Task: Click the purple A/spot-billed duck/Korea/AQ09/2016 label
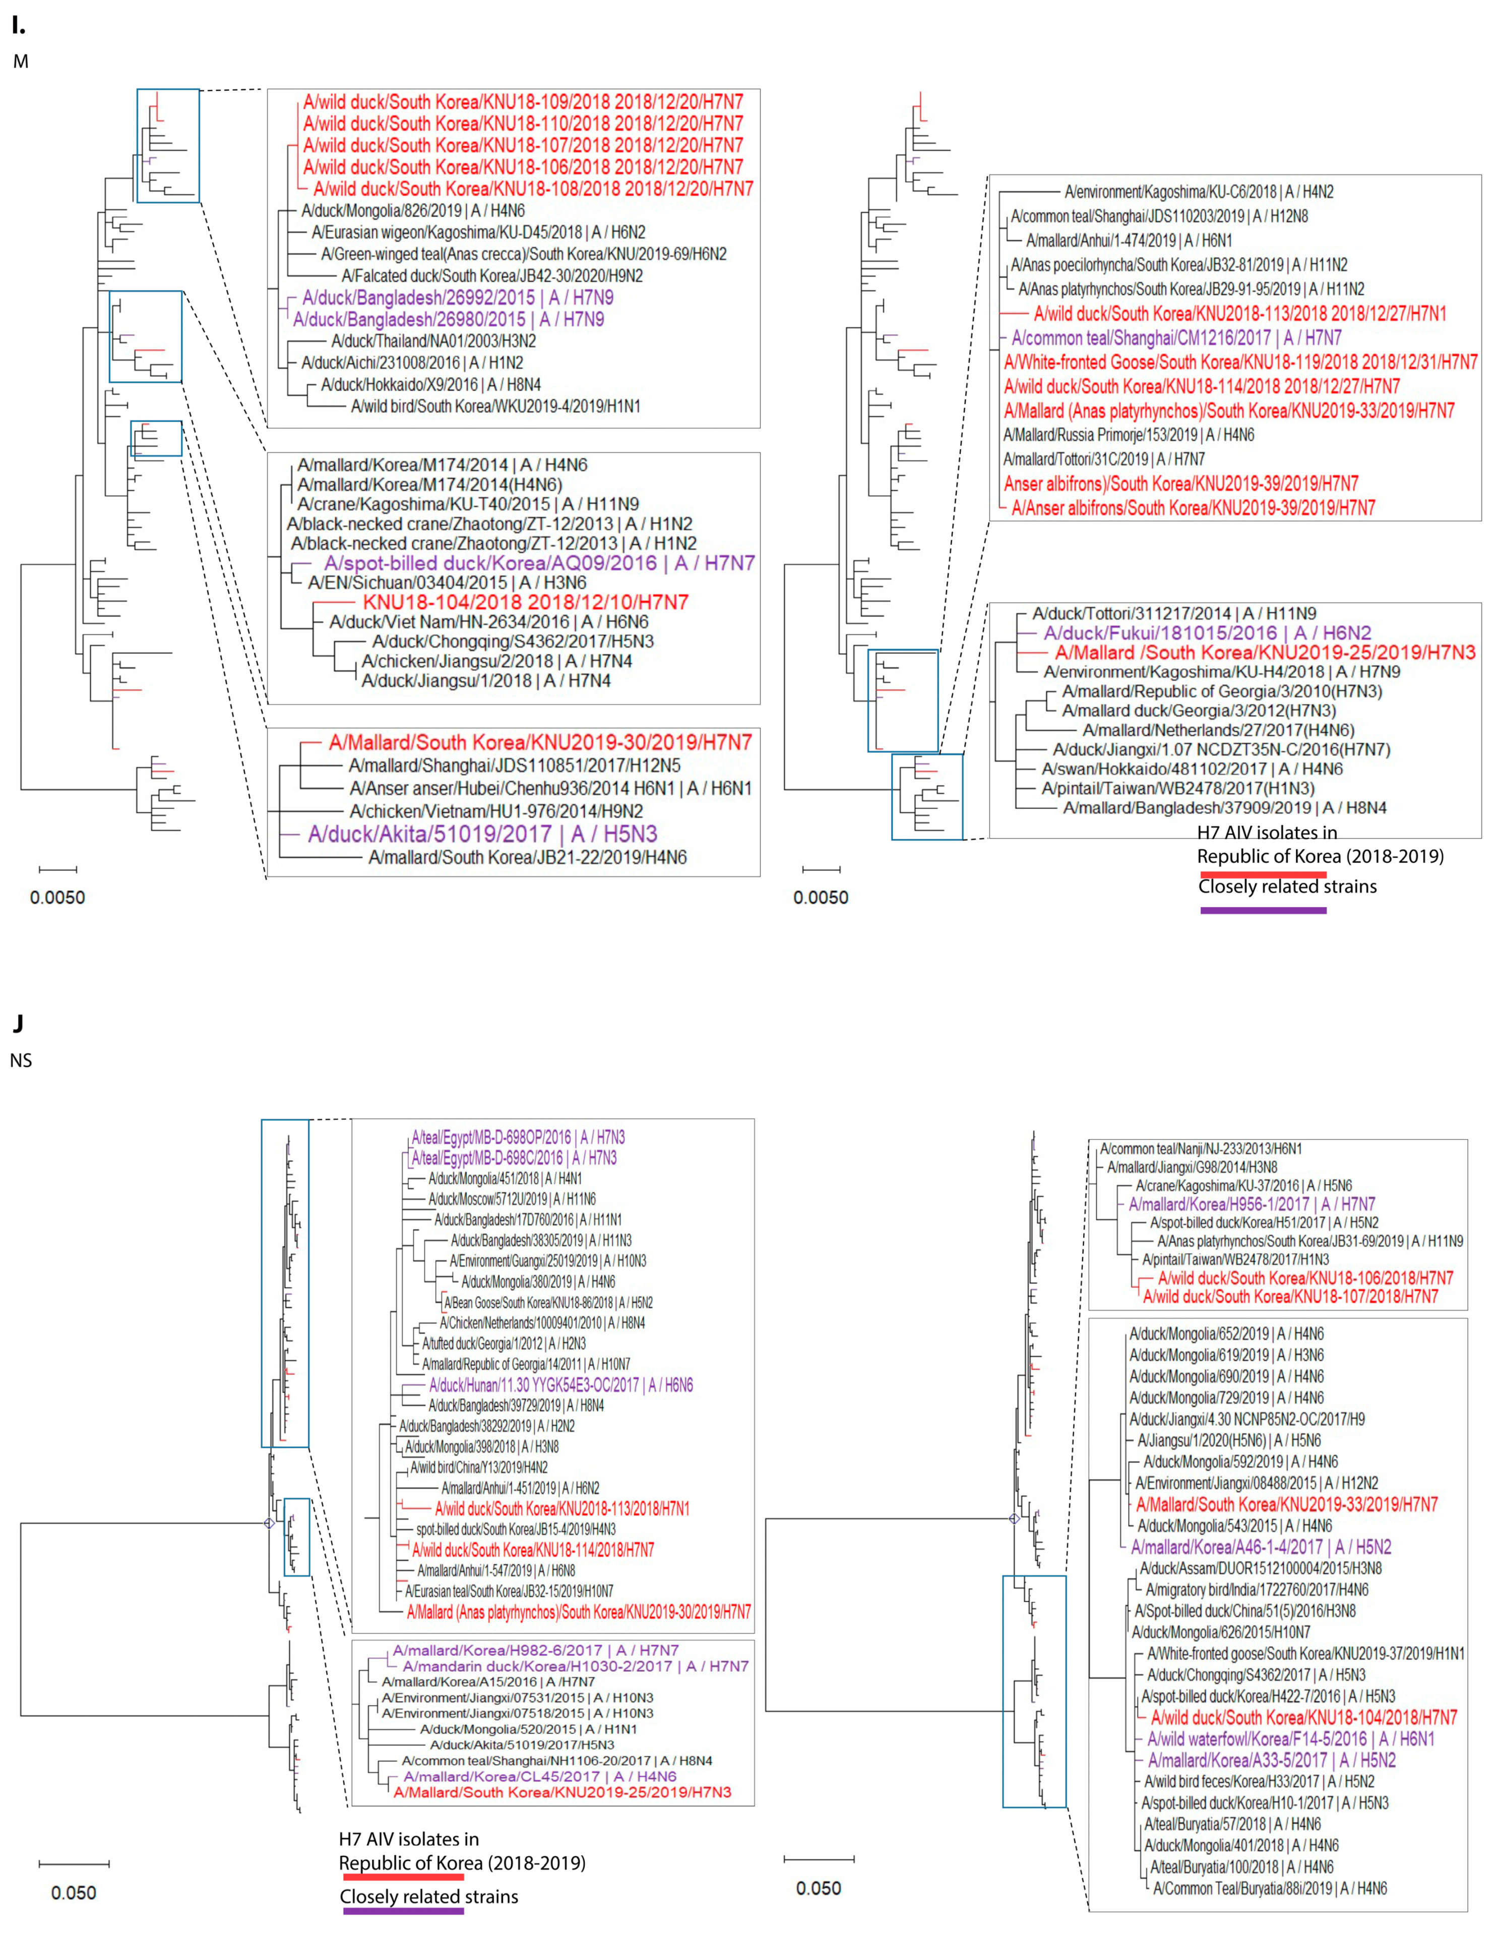point(539,563)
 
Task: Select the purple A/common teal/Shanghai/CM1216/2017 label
point(1176,338)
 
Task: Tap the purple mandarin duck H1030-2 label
point(576,1667)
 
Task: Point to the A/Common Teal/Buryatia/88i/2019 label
point(1270,1888)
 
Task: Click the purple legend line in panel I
point(1263,910)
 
